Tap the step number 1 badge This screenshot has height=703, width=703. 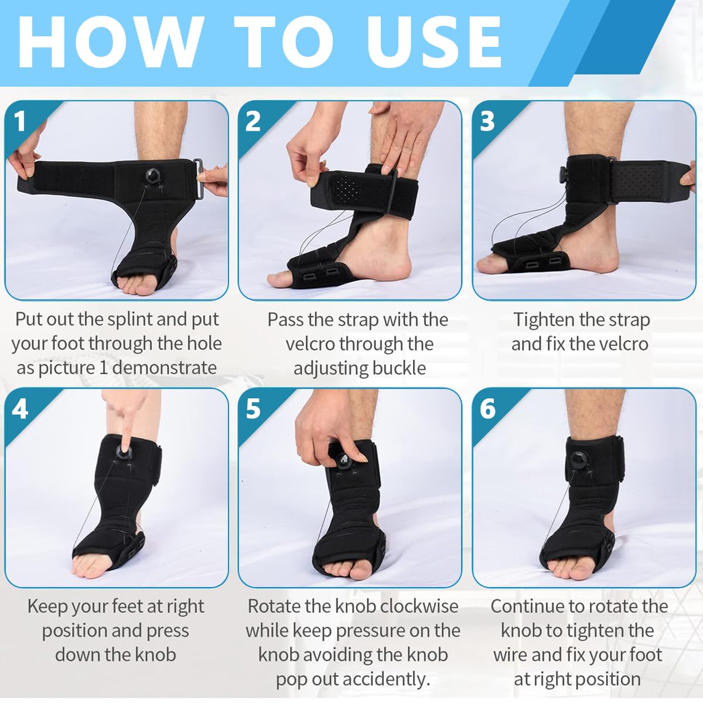(x=21, y=122)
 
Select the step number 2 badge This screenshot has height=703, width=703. (x=253, y=122)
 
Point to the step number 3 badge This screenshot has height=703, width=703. (x=487, y=122)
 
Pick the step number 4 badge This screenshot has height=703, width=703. (x=21, y=409)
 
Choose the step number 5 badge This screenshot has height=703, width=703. (x=253, y=409)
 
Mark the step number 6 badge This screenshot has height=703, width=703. (x=487, y=409)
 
